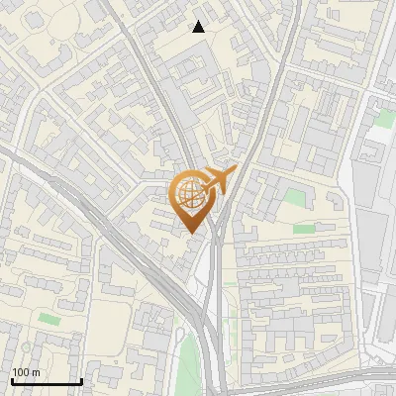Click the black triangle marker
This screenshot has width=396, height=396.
199,27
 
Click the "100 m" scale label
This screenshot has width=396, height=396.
25,372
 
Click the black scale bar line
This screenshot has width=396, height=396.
47,381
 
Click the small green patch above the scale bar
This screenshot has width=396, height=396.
49,318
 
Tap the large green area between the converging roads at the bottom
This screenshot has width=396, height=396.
188,361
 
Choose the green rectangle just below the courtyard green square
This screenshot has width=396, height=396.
303,228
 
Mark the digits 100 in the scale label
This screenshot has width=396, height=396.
21,372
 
